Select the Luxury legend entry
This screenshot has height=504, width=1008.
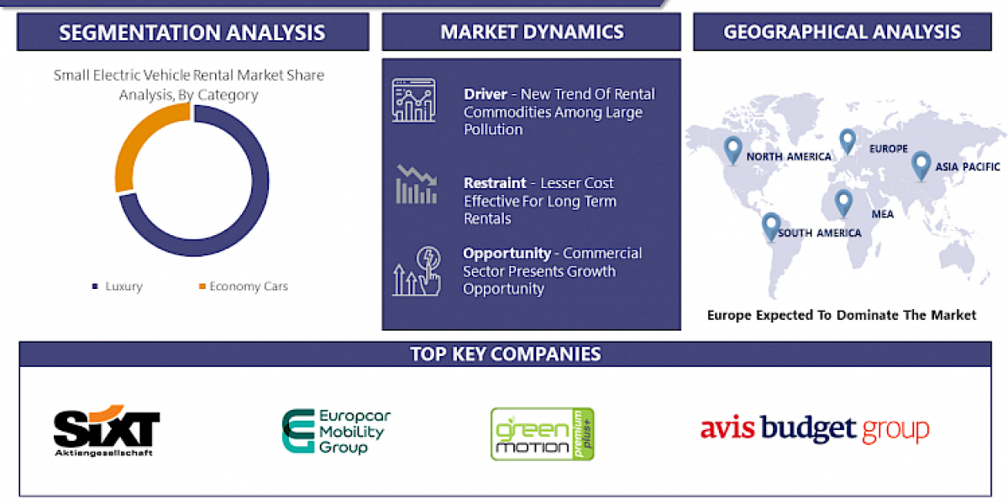pyautogui.click(x=118, y=286)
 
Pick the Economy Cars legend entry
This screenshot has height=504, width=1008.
pyautogui.click(x=243, y=286)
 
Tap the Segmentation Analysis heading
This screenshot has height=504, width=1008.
pyautogui.click(x=192, y=33)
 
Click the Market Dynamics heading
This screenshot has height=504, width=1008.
pyautogui.click(x=532, y=33)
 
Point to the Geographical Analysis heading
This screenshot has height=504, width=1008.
pyautogui.click(x=842, y=33)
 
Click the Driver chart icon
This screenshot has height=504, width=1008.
pyautogui.click(x=413, y=100)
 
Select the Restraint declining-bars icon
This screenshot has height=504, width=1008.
pyautogui.click(x=416, y=186)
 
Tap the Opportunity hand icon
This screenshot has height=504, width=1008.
pyautogui.click(x=416, y=270)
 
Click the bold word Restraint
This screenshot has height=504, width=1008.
pyautogui.click(x=495, y=183)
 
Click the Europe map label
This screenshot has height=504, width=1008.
pyautogui.click(x=889, y=149)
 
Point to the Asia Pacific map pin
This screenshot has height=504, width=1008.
pyautogui.click(x=921, y=164)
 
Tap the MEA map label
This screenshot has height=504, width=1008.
pyautogui.click(x=882, y=214)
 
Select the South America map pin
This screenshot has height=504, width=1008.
pyautogui.click(x=770, y=225)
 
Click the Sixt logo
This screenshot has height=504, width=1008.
pyautogui.click(x=107, y=431)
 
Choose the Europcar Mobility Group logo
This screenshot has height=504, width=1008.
pyautogui.click(x=336, y=432)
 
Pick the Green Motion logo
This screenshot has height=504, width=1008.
pyautogui.click(x=542, y=433)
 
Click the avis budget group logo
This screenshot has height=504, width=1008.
pyautogui.click(x=815, y=429)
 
